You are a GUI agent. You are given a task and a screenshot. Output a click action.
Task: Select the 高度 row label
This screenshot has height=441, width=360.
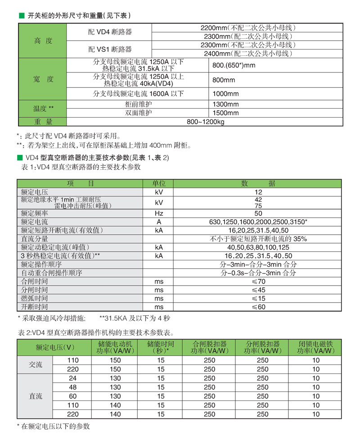[x=43, y=41]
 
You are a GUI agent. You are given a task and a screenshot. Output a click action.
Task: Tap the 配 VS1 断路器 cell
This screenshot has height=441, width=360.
[x=109, y=49]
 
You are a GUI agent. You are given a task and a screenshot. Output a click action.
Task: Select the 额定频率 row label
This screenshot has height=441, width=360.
[x=35, y=213]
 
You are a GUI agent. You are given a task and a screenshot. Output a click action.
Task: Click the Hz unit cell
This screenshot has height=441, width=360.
[x=159, y=213]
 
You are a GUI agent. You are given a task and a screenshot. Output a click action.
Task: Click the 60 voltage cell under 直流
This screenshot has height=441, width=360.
[x=72, y=396]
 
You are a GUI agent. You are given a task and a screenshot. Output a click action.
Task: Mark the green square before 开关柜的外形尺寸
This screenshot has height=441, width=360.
[x=20, y=16]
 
